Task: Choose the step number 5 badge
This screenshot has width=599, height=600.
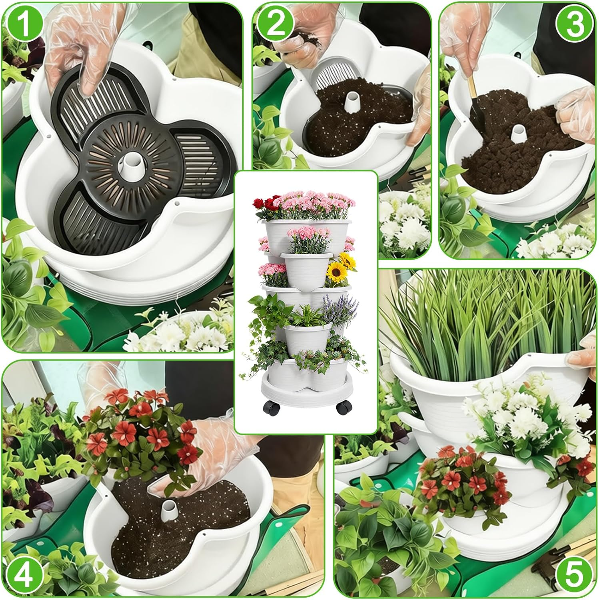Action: pyautogui.click(x=575, y=574)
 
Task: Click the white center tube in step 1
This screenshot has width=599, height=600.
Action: pyautogui.click(x=131, y=163)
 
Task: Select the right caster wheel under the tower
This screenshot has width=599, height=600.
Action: pyautogui.click(x=343, y=408)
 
